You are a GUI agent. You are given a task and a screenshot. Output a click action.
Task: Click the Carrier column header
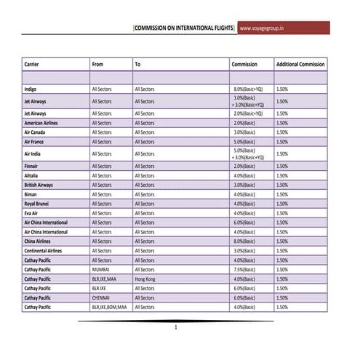[x=31, y=64]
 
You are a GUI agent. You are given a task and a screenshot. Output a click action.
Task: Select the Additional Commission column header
[x=300, y=64]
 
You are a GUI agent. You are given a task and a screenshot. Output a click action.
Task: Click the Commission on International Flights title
[x=184, y=28]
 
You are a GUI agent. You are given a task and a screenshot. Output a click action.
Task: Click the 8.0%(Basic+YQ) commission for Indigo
[x=248, y=89]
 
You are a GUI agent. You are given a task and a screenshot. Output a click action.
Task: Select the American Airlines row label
[x=41, y=123]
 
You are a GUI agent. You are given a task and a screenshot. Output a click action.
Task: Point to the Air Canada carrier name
[x=36, y=132]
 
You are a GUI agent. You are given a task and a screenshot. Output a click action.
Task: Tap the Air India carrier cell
[x=33, y=153]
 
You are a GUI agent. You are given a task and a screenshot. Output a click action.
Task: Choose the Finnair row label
[x=31, y=166]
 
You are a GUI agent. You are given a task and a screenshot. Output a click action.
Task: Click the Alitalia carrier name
[x=31, y=175]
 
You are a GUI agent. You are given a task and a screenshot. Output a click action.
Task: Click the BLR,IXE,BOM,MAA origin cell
[x=109, y=307]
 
